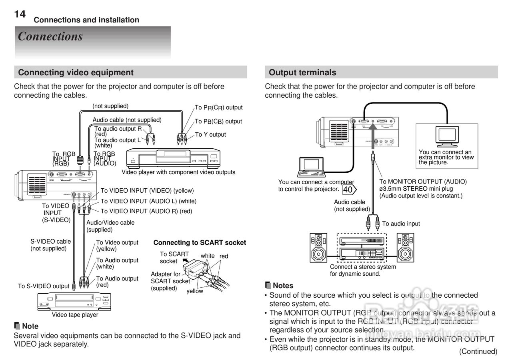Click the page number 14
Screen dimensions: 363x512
click(x=20, y=14)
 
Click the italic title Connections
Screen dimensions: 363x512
click(x=50, y=36)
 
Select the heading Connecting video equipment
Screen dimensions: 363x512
click(x=76, y=73)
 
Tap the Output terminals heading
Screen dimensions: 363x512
click(x=302, y=73)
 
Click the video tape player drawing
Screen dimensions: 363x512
click(x=74, y=302)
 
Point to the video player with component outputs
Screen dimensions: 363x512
click(x=173, y=158)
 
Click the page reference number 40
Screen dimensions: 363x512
click(x=348, y=189)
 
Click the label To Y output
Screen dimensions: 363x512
click(x=210, y=135)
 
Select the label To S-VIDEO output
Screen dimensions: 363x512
click(x=44, y=286)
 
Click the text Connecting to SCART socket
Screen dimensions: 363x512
click(x=200, y=242)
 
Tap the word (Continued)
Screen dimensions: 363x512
click(x=478, y=351)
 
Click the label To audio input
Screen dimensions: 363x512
click(x=401, y=224)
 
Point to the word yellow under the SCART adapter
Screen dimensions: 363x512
click(x=195, y=291)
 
